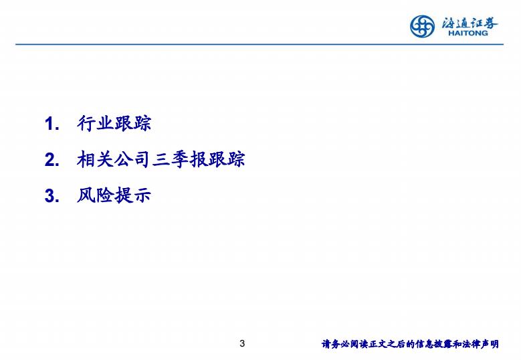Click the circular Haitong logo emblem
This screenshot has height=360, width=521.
coord(422,26)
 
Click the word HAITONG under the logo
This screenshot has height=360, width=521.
coord(468,33)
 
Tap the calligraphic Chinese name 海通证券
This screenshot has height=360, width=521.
coord(470,23)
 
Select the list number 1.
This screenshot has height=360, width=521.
coord(52,124)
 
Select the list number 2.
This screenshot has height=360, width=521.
coord(52,160)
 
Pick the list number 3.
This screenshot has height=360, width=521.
coord(52,195)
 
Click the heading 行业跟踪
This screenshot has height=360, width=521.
coord(114,123)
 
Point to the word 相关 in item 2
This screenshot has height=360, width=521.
coord(96,159)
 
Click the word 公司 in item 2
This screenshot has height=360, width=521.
coord(132,159)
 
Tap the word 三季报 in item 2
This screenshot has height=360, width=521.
coord(180,159)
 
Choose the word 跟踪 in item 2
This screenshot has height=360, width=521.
coord(227,159)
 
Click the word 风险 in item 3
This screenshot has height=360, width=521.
coord(96,195)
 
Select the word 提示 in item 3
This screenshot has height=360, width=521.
coord(132,195)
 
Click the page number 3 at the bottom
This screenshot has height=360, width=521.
coord(242,343)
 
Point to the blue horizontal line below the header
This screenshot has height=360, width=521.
coord(259,44)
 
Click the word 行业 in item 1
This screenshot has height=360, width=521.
coord(96,123)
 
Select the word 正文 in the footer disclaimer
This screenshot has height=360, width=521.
coord(377,344)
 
